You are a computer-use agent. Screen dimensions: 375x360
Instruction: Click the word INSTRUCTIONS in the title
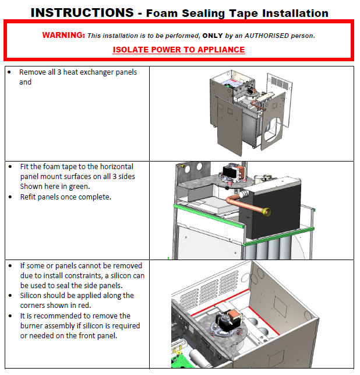(x=82, y=12)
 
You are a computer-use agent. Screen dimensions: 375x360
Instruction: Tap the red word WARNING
(x=63, y=35)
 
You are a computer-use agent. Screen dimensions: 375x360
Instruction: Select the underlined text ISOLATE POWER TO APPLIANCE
(x=179, y=50)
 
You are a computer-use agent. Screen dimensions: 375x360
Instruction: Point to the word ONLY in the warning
(x=213, y=36)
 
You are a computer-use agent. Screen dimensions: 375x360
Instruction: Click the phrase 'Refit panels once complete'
(x=65, y=197)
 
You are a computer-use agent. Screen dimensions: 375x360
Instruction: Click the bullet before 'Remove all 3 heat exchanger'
(x=10, y=72)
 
